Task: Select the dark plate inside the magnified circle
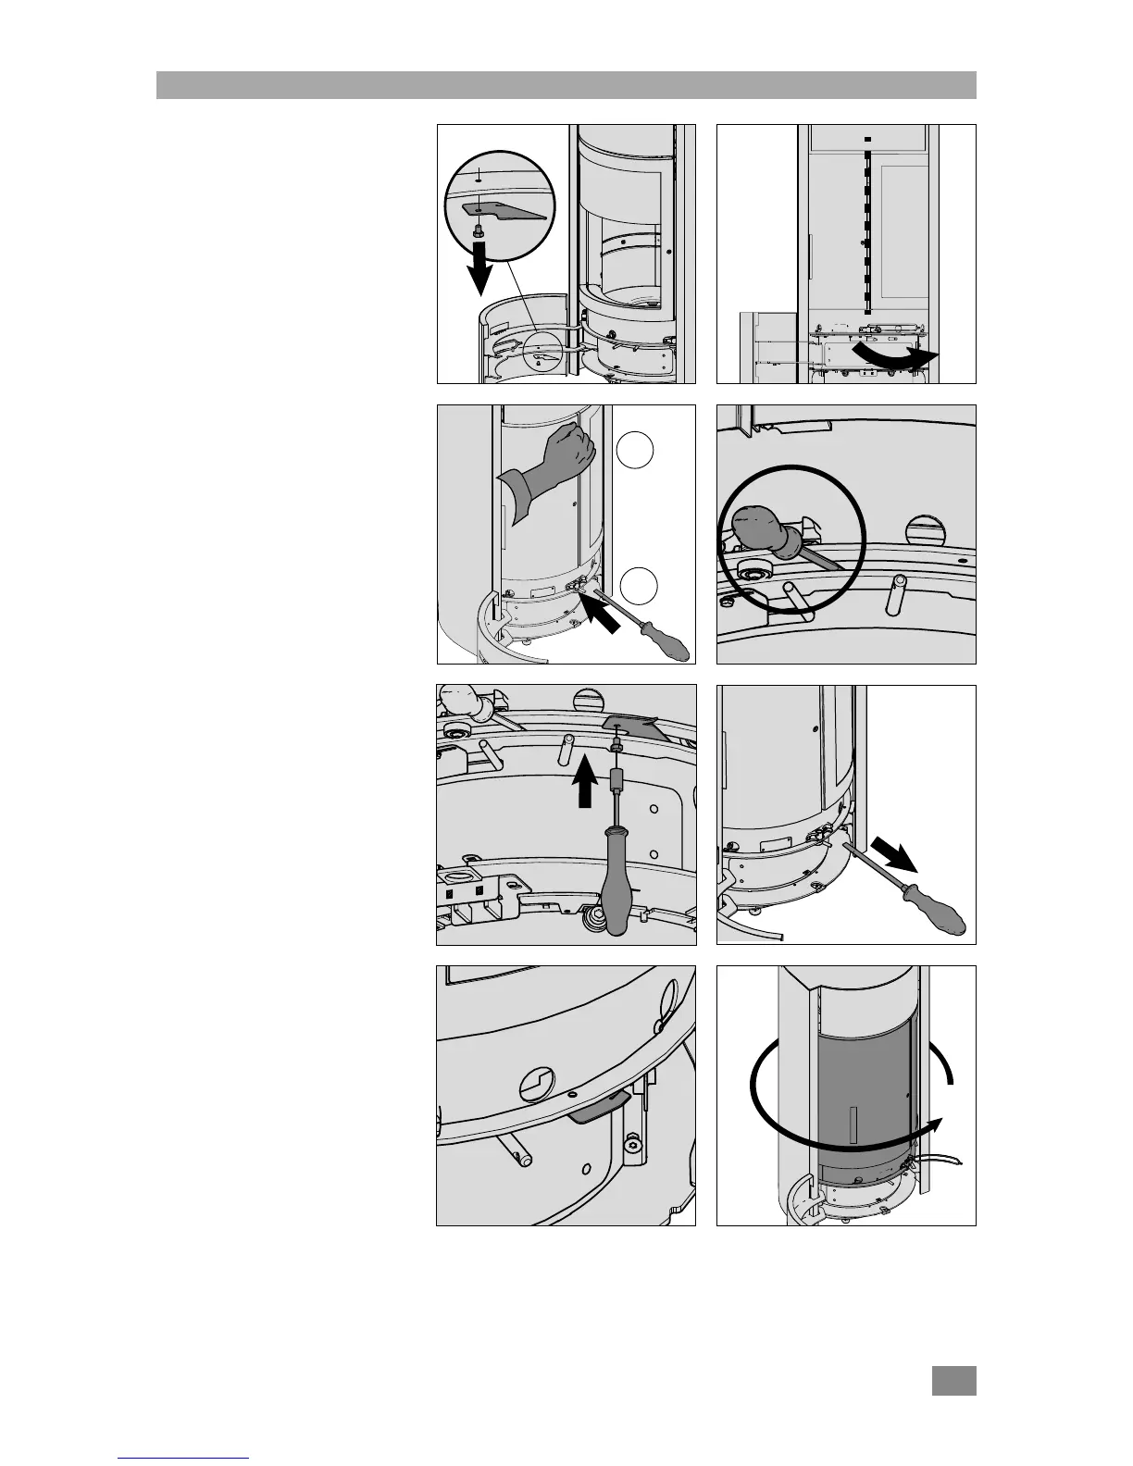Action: pyautogui.click(x=499, y=212)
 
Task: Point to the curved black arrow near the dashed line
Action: pyautogui.click(x=898, y=358)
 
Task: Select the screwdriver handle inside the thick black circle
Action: pyautogui.click(x=761, y=537)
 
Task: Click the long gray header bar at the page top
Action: pyautogui.click(x=566, y=85)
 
